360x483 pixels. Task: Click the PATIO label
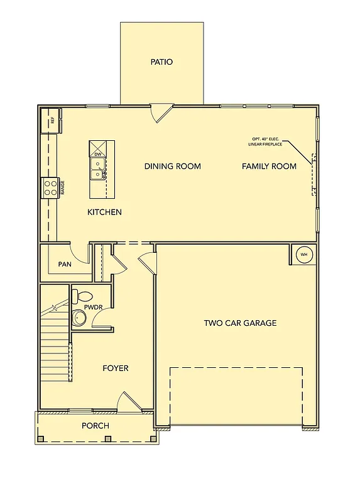161,62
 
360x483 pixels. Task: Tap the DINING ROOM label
173,167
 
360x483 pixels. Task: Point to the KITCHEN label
104,213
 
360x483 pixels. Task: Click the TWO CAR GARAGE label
240,323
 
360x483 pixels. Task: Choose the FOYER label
116,368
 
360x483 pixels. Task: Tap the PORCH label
95,426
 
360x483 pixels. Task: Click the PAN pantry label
64,264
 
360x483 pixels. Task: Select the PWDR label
93,307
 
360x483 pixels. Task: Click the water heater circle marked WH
304,255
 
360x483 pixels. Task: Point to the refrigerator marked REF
51,120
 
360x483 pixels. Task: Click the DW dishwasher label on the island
98,154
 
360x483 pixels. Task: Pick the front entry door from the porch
129,402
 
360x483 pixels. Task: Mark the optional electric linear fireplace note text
265,142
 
